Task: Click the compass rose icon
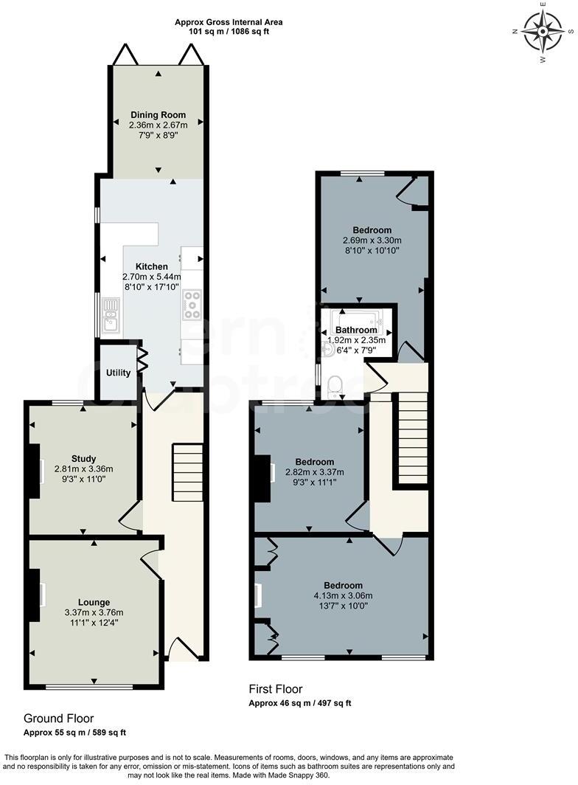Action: (543, 31)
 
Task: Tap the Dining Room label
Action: (158, 115)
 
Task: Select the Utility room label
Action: (118, 373)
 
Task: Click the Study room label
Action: (84, 458)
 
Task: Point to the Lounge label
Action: (94, 602)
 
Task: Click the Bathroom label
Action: (356, 330)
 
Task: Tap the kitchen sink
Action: (111, 313)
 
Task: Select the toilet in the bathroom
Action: (335, 384)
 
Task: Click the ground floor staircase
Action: (187, 472)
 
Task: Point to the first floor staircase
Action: (413, 438)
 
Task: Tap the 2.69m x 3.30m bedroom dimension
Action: (372, 241)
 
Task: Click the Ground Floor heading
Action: (58, 718)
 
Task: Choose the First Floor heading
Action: (276, 689)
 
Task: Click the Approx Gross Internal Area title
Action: (229, 22)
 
